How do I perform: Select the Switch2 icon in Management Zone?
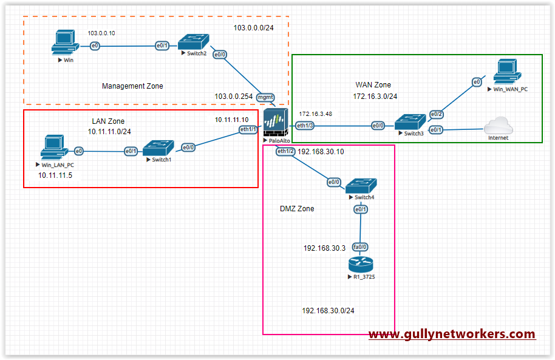pos(192,42)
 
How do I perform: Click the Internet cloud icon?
pos(500,126)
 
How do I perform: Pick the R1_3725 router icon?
pos(361,266)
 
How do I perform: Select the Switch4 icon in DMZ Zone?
pos(361,185)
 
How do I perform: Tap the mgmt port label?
pos(266,97)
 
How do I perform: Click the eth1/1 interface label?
pos(248,129)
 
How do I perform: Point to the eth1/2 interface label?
pos(285,151)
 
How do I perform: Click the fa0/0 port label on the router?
pos(361,247)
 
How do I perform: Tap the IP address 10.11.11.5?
pos(55,175)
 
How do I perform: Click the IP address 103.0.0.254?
pos(233,96)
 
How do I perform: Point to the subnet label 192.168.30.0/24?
pos(328,311)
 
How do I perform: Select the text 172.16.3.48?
pos(315,114)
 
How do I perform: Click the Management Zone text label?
pos(132,86)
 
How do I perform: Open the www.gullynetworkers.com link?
pos(452,334)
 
